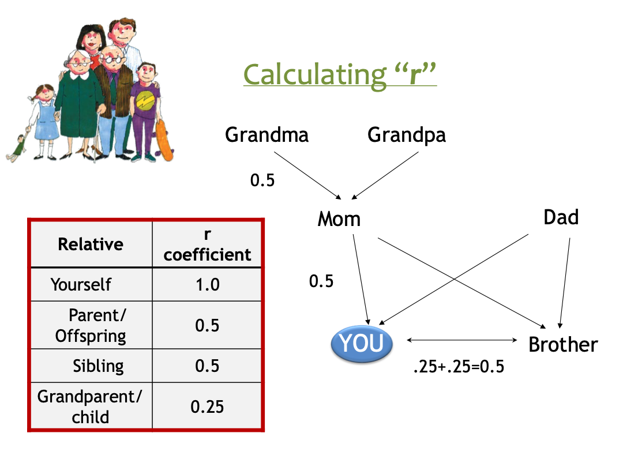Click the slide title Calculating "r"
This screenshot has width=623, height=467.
coord(340,74)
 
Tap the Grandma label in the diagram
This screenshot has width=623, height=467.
coord(267,134)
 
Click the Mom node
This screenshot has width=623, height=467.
coord(339,219)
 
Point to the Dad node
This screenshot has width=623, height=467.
coord(561,217)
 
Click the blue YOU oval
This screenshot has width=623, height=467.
coord(362,344)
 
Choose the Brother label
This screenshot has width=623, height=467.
coord(563,344)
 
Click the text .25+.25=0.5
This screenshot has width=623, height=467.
coord(459,367)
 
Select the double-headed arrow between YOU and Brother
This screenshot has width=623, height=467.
coord(461,340)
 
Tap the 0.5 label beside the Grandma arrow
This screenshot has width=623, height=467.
coord(262,180)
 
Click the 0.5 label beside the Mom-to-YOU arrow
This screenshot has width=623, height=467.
coord(321,281)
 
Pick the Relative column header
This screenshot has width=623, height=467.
coord(91,244)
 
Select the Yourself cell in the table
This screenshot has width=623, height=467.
coord(81,285)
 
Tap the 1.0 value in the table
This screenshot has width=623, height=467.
coord(208,285)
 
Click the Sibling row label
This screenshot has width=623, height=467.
coord(98,366)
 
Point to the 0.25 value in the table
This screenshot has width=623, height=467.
coord(207,406)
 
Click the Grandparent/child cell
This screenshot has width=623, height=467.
coord(90,406)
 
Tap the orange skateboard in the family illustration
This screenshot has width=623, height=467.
coord(164,141)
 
